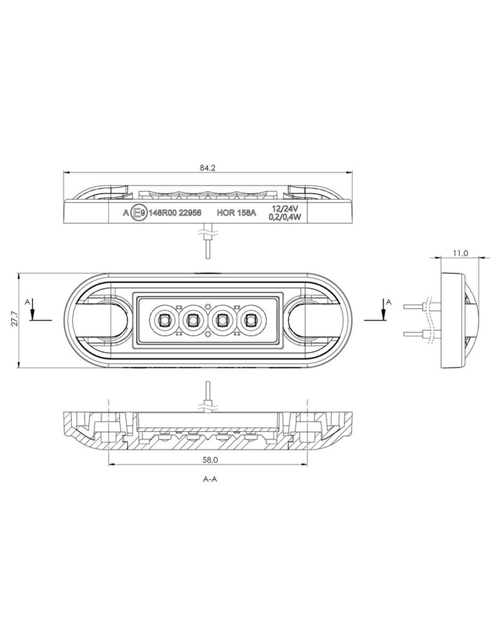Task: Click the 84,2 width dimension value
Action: pos(208,168)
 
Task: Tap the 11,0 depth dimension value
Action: pos(461,253)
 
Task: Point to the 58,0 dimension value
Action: pos(210,460)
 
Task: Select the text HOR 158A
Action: pos(236,213)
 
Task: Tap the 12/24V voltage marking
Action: pos(285,209)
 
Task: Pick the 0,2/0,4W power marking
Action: pos(285,217)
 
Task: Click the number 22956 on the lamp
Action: pos(190,213)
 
